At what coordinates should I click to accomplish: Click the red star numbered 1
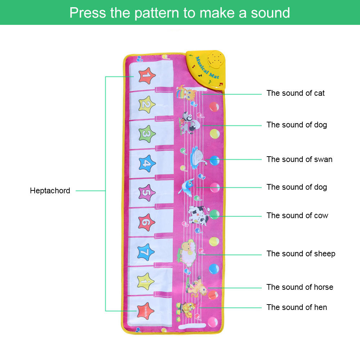[147, 76]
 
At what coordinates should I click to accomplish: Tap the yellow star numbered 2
[147, 105]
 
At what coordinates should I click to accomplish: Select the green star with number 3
[147, 134]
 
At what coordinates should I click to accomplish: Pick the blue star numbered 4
[147, 164]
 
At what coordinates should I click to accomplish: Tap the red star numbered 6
[147, 222]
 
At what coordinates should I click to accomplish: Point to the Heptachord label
[50, 191]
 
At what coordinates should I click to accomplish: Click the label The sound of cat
[296, 93]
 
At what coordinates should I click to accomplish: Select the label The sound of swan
[300, 159]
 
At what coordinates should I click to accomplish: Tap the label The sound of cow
[297, 216]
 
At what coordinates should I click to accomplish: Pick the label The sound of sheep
[301, 254]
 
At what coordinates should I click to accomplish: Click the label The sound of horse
[300, 287]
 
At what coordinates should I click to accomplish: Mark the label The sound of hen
[297, 307]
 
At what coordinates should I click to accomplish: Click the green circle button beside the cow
[215, 215]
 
